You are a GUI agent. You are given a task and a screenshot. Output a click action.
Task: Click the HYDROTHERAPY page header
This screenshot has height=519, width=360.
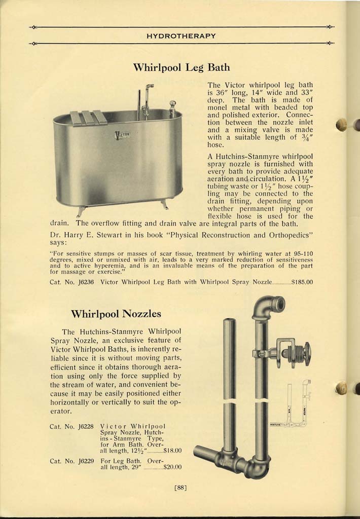click(x=181, y=36)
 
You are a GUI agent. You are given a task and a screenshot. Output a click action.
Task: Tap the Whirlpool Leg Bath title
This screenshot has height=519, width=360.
click(x=181, y=67)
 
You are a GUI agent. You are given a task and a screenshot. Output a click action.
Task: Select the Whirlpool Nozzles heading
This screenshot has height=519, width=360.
click(x=116, y=314)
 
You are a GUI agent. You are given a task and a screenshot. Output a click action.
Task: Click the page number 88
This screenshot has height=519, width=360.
click(x=181, y=489)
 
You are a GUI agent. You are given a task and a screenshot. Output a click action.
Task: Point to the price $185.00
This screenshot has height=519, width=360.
click(x=302, y=282)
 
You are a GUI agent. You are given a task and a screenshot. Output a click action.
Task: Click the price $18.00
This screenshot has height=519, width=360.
click(x=172, y=450)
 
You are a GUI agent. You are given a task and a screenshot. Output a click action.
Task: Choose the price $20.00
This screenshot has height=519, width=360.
click(x=172, y=467)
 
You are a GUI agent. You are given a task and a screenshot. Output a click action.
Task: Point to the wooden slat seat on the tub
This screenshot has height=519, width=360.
click(x=88, y=118)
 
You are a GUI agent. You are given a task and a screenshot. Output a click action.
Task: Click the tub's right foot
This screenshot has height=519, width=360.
click(x=165, y=205)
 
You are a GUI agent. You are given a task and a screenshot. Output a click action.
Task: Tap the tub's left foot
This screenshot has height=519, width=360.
click(x=81, y=210)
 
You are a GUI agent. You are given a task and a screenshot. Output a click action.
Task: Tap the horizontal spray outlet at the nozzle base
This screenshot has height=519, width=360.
click(x=205, y=452)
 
